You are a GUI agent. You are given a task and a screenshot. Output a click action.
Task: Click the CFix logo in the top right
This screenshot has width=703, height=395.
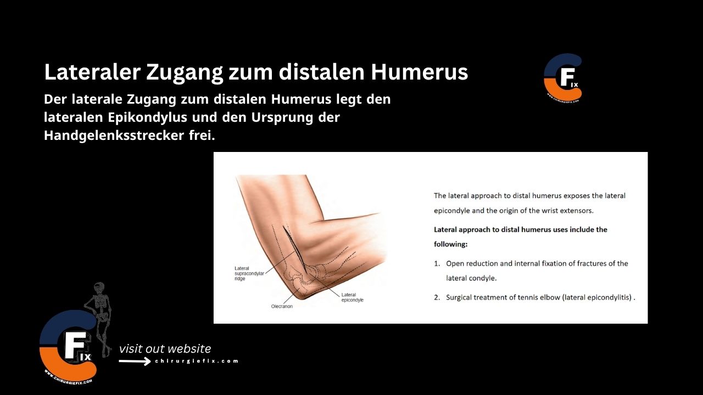click(562, 77)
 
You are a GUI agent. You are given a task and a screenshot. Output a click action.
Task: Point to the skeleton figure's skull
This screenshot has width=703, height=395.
click(99, 287)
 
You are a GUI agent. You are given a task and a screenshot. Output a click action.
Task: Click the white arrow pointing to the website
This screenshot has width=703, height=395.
click(135, 361)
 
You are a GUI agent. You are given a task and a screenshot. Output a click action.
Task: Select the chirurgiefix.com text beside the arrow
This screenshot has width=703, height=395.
click(197, 361)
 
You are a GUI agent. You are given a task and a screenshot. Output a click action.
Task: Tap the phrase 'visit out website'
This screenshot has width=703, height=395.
click(165, 348)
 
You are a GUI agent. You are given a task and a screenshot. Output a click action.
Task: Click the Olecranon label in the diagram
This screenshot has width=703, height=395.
click(282, 306)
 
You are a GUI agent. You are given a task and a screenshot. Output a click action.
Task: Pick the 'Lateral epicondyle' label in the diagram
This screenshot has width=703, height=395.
click(352, 297)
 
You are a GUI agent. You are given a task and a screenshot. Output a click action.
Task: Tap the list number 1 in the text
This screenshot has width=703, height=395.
click(437, 263)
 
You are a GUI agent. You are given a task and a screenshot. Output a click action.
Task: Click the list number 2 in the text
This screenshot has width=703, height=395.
click(437, 297)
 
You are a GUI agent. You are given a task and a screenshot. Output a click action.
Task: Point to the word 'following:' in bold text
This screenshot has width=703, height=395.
click(450, 244)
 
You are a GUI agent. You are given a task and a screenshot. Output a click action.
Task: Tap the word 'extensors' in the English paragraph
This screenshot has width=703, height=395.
click(574, 210)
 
